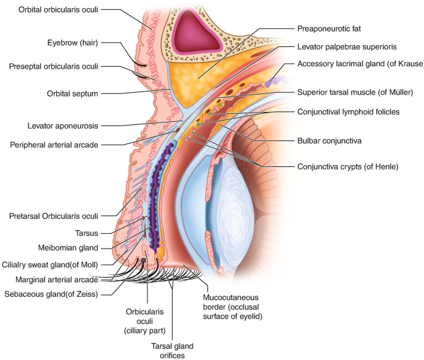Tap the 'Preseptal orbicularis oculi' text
pyautogui.click(x=53, y=66)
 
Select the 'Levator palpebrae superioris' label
pyautogui.click(x=347, y=46)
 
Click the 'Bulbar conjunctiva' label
pyautogui.click(x=329, y=141)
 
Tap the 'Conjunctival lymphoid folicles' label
pyautogui.click(x=348, y=112)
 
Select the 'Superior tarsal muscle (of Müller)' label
pyautogui.click(x=355, y=92)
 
